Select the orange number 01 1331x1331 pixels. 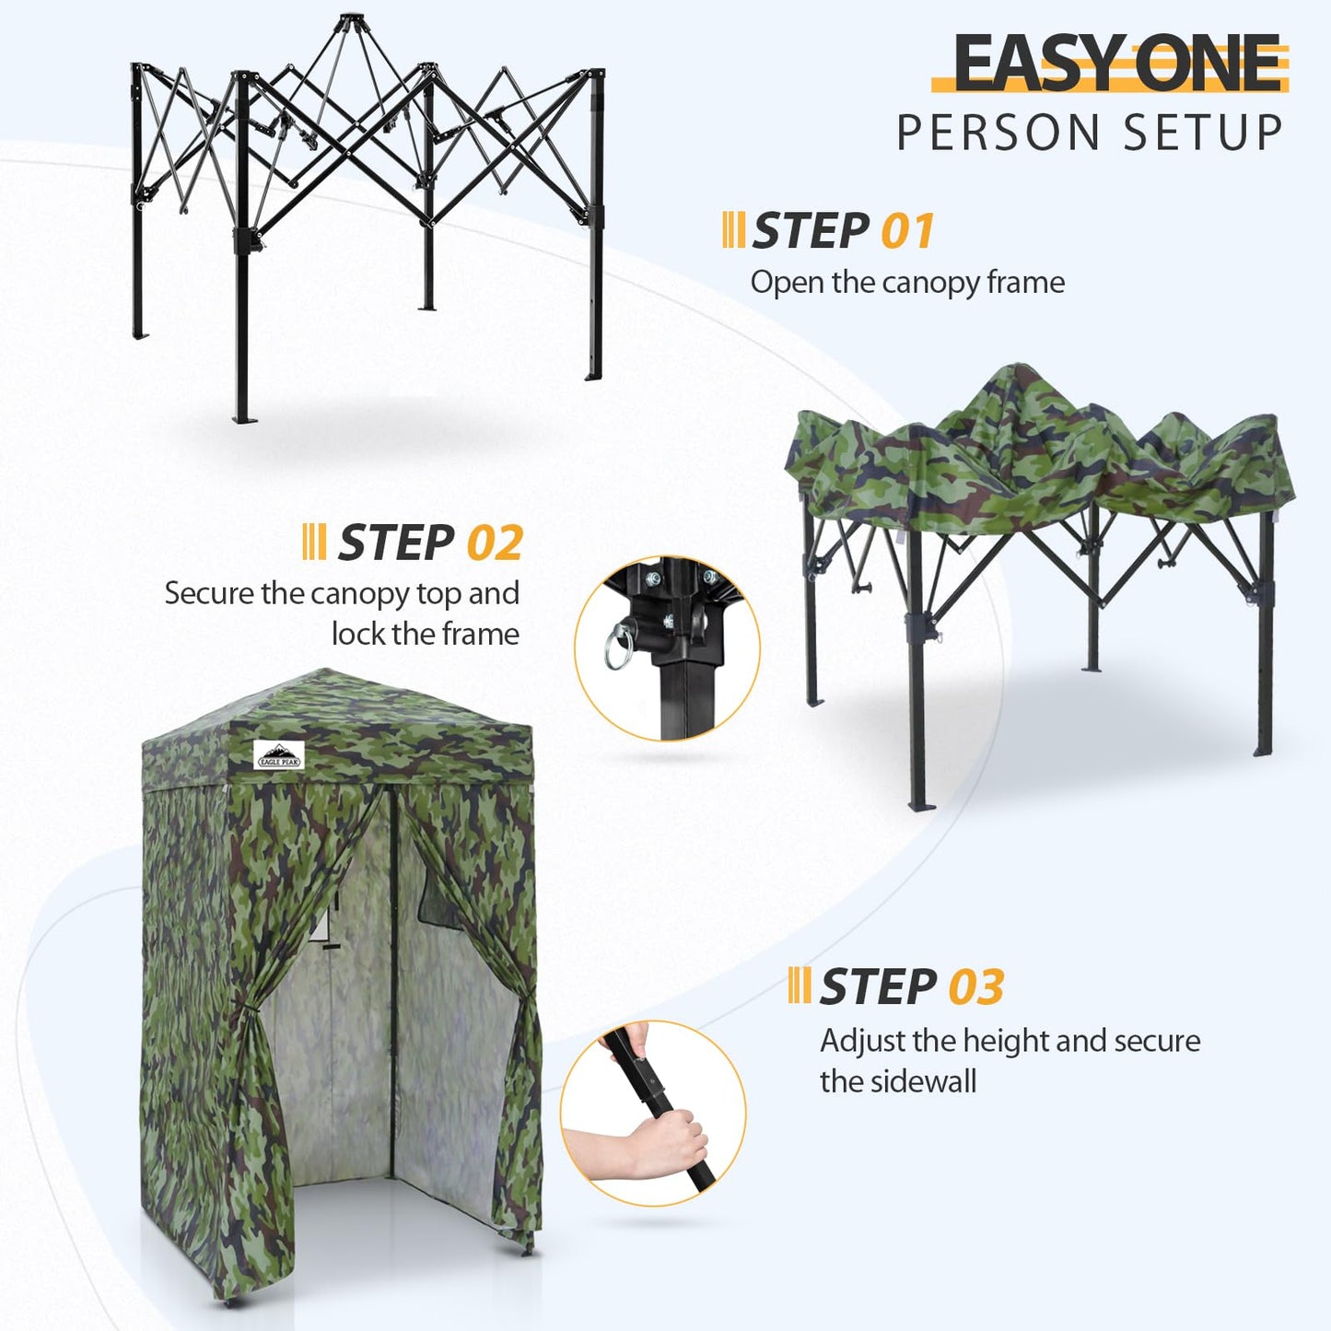coord(907,230)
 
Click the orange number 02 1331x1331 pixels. coord(495,543)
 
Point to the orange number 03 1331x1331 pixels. coord(976,987)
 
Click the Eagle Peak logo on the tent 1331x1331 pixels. coord(278,755)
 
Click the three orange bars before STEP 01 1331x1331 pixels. coord(733,230)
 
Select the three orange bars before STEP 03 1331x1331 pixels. coord(799,987)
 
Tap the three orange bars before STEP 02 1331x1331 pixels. coord(314,543)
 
